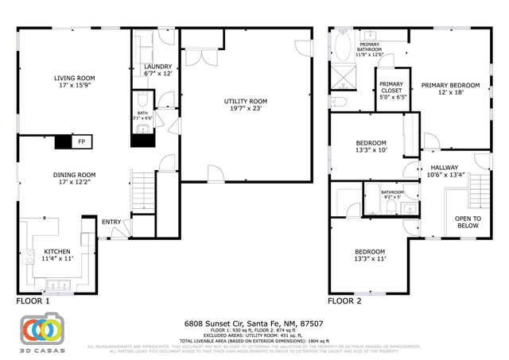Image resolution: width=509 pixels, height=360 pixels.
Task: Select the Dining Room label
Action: (74, 179)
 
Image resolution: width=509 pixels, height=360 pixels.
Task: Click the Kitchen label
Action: (57, 254)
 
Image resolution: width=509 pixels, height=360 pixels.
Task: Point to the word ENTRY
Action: (111, 222)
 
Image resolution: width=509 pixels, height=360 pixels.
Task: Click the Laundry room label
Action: (157, 70)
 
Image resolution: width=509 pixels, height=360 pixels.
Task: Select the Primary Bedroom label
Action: (451, 89)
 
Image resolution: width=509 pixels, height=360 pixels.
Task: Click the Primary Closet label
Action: (391, 88)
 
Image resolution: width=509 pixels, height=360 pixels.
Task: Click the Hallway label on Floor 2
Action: (445, 171)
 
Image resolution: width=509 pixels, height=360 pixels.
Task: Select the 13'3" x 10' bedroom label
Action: (371, 147)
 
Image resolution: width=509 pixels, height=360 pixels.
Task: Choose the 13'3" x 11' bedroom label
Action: (371, 254)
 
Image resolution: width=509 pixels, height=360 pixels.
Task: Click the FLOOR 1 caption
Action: (33, 302)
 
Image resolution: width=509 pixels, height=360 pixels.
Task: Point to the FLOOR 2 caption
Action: (344, 302)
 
